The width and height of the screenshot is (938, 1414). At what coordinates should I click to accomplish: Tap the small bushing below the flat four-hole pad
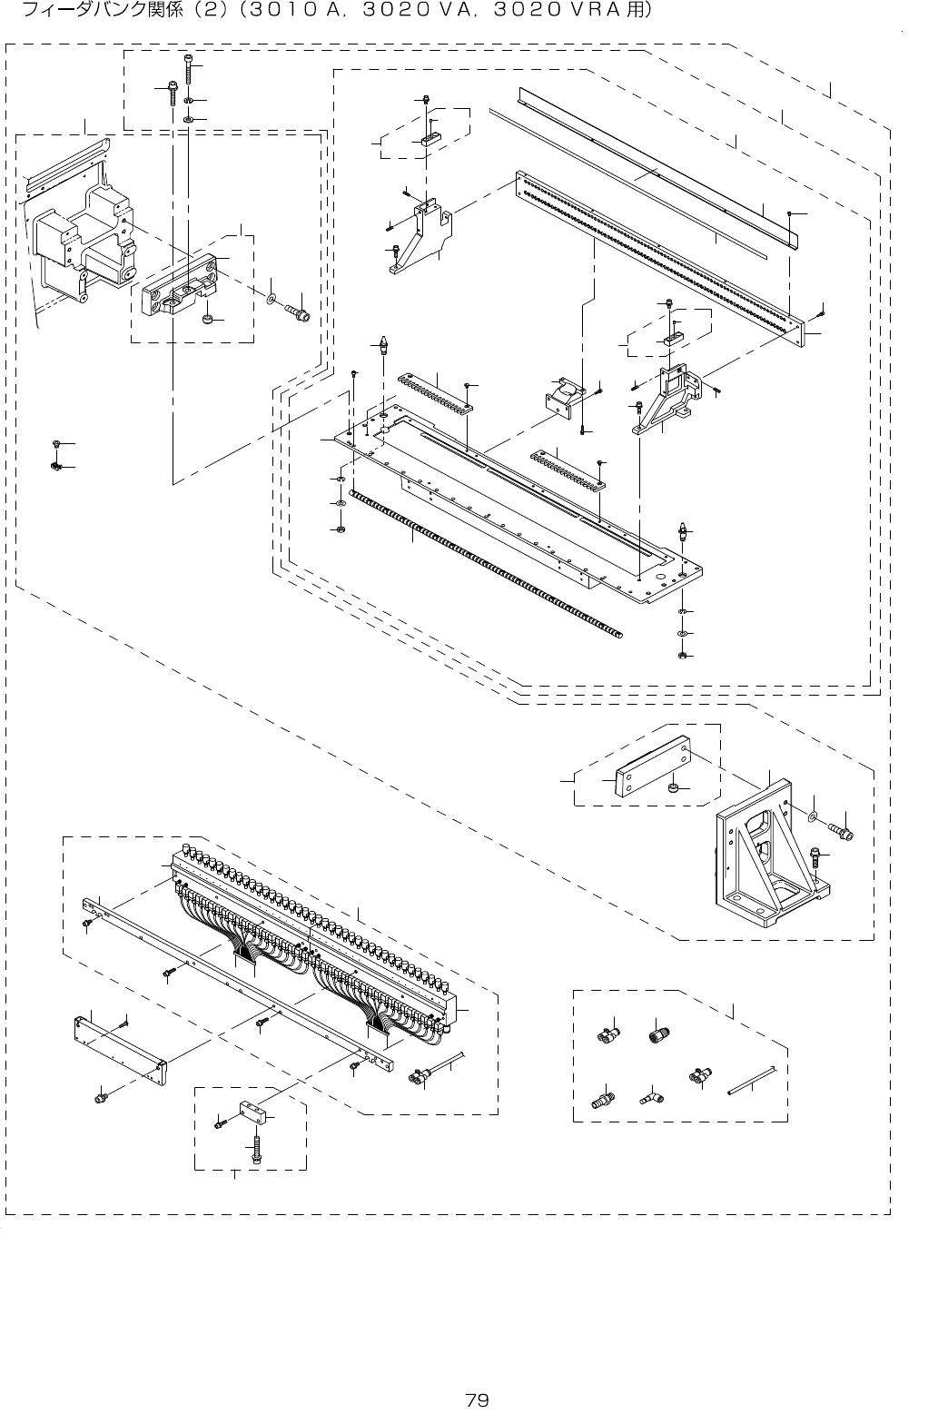pos(674,787)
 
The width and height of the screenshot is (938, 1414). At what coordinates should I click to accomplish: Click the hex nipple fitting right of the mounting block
pos(297,314)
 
